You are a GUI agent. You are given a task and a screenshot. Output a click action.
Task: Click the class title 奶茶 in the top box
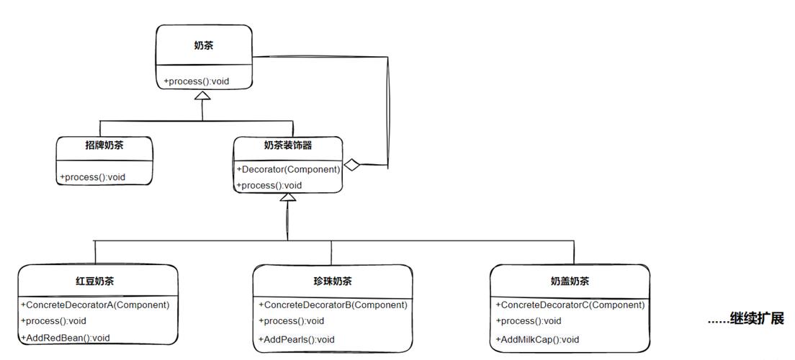[203, 45]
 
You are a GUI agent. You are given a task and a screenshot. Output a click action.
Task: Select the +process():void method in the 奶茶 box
[197, 81]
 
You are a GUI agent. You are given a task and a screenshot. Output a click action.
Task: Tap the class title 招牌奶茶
[104, 145]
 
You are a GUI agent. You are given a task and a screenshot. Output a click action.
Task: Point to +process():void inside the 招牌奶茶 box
[93, 177]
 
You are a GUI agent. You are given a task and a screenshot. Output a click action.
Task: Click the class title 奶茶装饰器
[288, 145]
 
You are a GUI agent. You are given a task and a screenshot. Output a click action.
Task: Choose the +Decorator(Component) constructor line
[288, 169]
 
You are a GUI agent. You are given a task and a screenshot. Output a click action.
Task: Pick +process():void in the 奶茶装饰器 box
[269, 185]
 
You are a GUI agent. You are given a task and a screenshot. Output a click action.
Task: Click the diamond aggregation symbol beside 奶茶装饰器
[351, 165]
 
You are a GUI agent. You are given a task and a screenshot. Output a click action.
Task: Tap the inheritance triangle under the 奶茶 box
[203, 95]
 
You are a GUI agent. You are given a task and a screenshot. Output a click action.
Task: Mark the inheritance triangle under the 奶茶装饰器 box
[288, 198]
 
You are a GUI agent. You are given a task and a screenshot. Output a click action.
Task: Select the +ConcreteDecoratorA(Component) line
[95, 305]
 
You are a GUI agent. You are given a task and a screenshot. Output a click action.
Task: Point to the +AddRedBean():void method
[66, 338]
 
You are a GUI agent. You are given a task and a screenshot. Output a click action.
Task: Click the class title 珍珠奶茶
[333, 281]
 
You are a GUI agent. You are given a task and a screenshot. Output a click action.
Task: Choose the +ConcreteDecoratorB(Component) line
[333, 305]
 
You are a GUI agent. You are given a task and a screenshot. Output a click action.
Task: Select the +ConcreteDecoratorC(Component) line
[570, 305]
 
